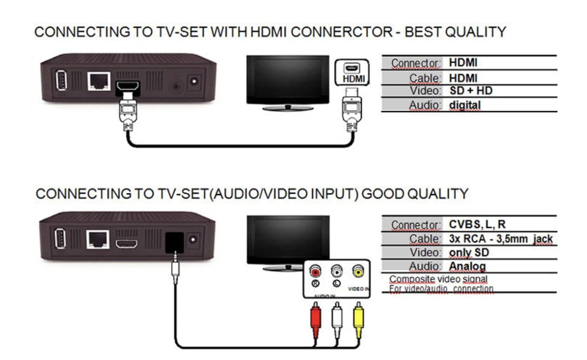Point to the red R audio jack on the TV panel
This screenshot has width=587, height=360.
[x=315, y=272]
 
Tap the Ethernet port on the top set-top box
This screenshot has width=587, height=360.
[x=99, y=81]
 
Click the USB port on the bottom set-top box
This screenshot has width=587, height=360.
[x=60, y=239]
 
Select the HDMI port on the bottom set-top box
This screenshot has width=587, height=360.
[x=126, y=244]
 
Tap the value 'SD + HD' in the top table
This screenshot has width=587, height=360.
[x=471, y=91]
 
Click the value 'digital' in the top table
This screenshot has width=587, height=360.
[x=465, y=105]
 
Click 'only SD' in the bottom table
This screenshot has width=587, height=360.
[x=469, y=253]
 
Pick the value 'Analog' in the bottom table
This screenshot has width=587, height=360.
[x=467, y=266]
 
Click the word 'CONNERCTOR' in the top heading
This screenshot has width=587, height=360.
[x=341, y=32]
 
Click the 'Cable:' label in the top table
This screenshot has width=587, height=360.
[x=425, y=78]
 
